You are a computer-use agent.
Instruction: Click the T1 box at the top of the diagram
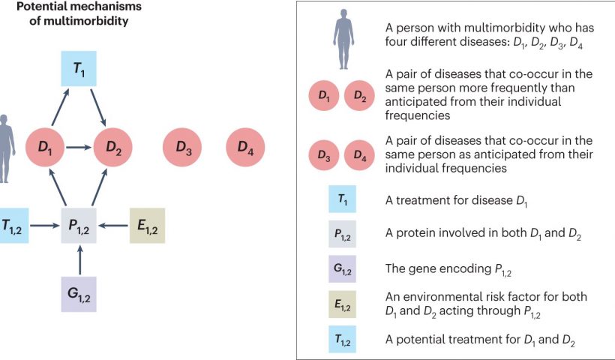point(79,69)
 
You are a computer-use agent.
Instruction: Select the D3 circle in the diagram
point(182,147)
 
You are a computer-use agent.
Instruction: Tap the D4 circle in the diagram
point(245,147)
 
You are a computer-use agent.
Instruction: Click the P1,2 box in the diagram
point(79,226)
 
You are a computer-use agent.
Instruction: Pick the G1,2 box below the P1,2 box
point(79,294)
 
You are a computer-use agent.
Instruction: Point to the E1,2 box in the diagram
point(148,226)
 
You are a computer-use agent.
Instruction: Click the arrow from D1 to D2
point(79,148)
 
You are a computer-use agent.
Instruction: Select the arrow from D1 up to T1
point(61,107)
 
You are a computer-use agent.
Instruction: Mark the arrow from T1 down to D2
point(98,107)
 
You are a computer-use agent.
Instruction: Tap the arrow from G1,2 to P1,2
point(80,259)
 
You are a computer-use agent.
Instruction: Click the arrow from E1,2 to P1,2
point(113,226)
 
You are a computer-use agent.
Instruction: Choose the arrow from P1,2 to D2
point(99,187)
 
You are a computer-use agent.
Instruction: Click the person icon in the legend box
point(343,39)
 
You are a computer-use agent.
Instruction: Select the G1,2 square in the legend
point(343,269)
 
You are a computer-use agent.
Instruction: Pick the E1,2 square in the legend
point(343,304)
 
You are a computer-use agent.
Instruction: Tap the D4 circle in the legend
point(359,155)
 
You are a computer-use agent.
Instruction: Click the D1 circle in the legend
point(324,95)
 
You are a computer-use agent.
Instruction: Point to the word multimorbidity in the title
point(85,20)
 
